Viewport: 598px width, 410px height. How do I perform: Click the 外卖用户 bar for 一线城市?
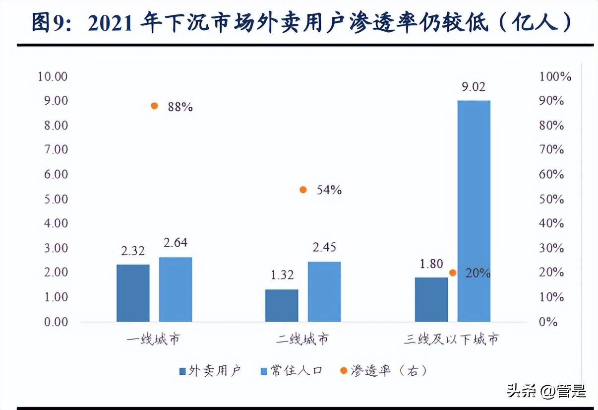tap(133, 293)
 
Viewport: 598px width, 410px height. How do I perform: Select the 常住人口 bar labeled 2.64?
tap(176, 289)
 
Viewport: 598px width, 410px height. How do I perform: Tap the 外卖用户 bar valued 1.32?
tap(282, 305)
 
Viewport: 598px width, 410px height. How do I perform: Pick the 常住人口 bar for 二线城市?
tap(324, 291)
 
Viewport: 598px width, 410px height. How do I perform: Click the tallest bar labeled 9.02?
tap(474, 211)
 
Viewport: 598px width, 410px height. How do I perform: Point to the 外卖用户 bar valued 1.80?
tap(431, 299)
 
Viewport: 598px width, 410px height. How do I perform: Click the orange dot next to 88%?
tap(154, 106)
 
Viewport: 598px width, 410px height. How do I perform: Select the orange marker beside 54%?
tap(303, 190)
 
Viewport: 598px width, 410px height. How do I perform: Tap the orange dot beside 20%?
tap(452, 273)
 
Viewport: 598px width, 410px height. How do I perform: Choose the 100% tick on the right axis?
tap(555, 76)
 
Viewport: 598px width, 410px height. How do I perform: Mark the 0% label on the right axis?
tap(548, 322)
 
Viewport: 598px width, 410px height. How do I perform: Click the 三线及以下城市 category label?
tap(451, 340)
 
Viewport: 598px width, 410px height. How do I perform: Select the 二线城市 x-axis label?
tap(302, 340)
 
